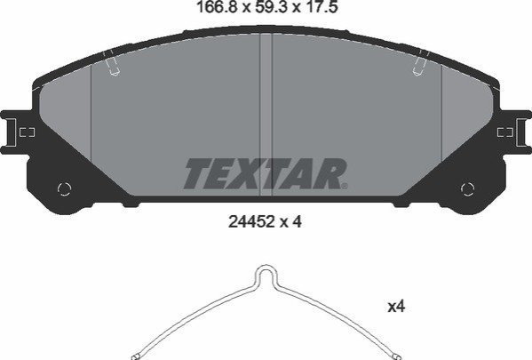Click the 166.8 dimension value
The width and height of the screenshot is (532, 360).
216,7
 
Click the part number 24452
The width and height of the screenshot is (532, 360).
251,222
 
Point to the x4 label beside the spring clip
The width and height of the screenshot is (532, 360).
396,307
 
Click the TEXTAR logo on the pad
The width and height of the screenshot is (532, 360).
266,173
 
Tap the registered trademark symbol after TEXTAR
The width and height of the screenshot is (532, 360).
345,186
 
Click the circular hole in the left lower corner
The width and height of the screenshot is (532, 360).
65,188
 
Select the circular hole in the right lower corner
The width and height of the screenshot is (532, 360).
467,188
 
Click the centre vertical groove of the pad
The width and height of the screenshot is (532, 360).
266,116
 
